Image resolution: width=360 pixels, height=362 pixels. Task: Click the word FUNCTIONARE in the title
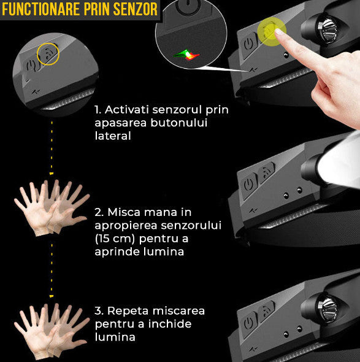click(41, 9)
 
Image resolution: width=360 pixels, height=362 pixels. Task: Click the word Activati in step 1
click(127, 110)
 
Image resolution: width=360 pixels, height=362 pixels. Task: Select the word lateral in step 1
click(113, 136)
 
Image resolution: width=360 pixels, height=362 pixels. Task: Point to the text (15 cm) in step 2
click(115, 239)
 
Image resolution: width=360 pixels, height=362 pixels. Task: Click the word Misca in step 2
click(124, 212)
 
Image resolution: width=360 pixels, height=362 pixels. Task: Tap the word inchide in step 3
click(170, 324)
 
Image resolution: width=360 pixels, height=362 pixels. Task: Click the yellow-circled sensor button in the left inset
click(48, 54)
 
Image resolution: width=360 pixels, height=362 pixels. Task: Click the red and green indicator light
click(187, 55)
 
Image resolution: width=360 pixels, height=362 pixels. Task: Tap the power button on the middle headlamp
click(249, 185)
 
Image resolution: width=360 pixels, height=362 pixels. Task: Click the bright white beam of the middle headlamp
click(339, 161)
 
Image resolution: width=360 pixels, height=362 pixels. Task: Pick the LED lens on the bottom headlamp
click(327, 309)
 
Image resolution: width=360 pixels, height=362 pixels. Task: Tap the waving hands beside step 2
click(52, 208)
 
